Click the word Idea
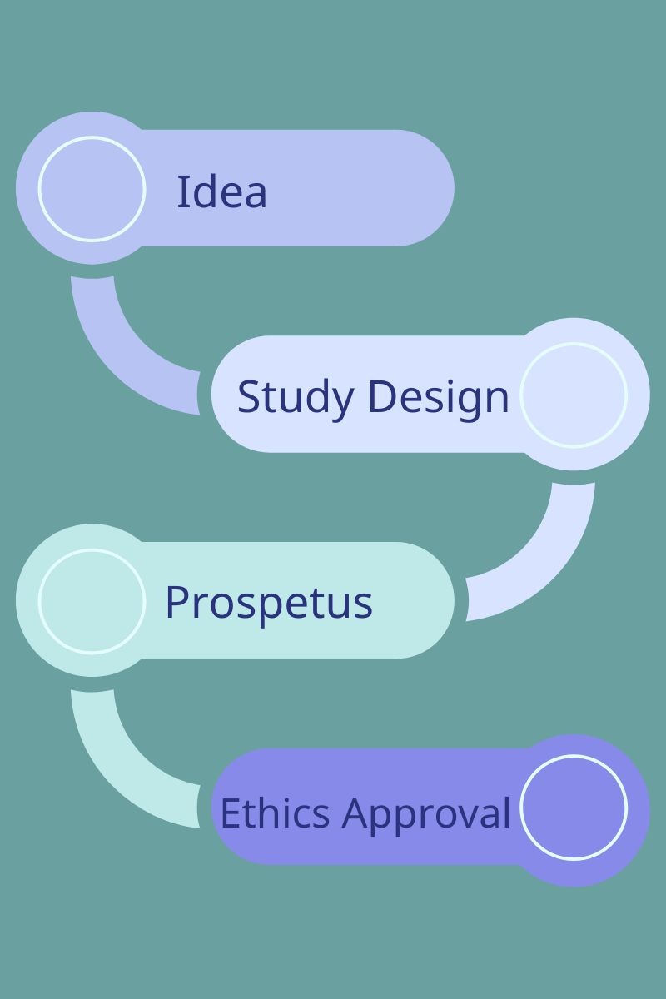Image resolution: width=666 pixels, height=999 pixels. tap(221, 191)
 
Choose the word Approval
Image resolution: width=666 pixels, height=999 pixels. tap(426, 815)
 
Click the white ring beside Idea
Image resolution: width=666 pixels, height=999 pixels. tap(92, 189)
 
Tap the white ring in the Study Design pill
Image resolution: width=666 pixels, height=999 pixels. tap(574, 395)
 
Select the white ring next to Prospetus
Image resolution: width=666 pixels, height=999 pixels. tap(92, 601)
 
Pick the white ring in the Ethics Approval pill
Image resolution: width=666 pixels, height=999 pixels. tap(574, 808)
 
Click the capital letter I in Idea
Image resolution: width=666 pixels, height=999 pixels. tap(181, 191)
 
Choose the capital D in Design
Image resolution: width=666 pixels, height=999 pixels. tap(382, 396)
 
